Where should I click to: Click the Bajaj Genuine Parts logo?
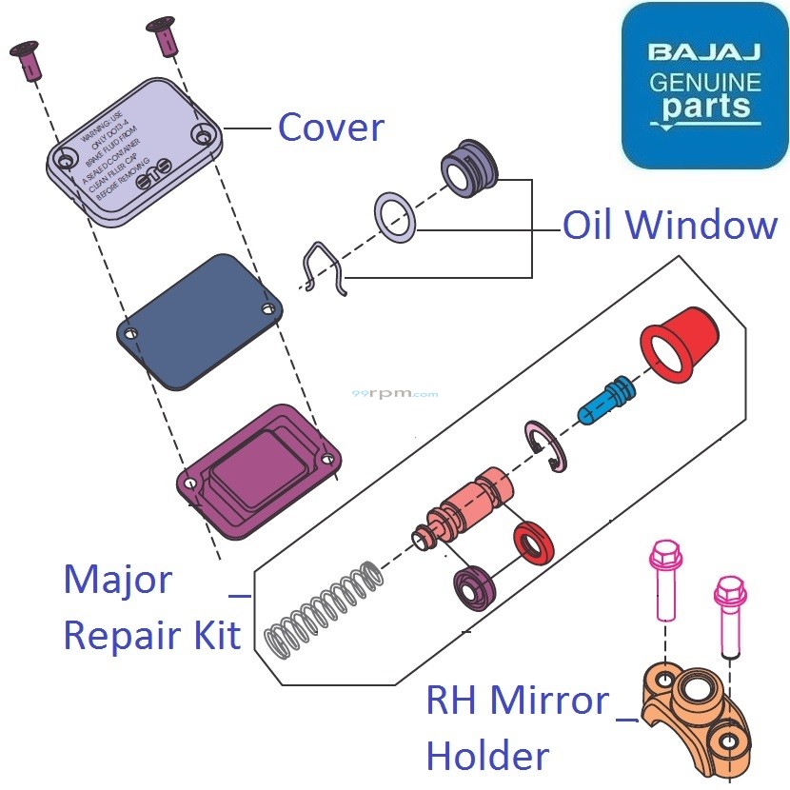(705, 86)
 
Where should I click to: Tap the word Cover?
(330, 128)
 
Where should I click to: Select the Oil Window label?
(670, 227)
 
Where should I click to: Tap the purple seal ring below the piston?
(476, 589)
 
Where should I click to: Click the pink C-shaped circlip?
(546, 446)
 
